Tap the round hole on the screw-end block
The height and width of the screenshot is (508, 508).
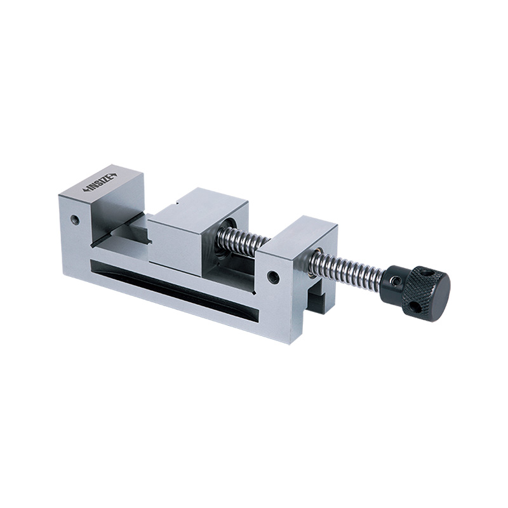(x=273, y=277)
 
